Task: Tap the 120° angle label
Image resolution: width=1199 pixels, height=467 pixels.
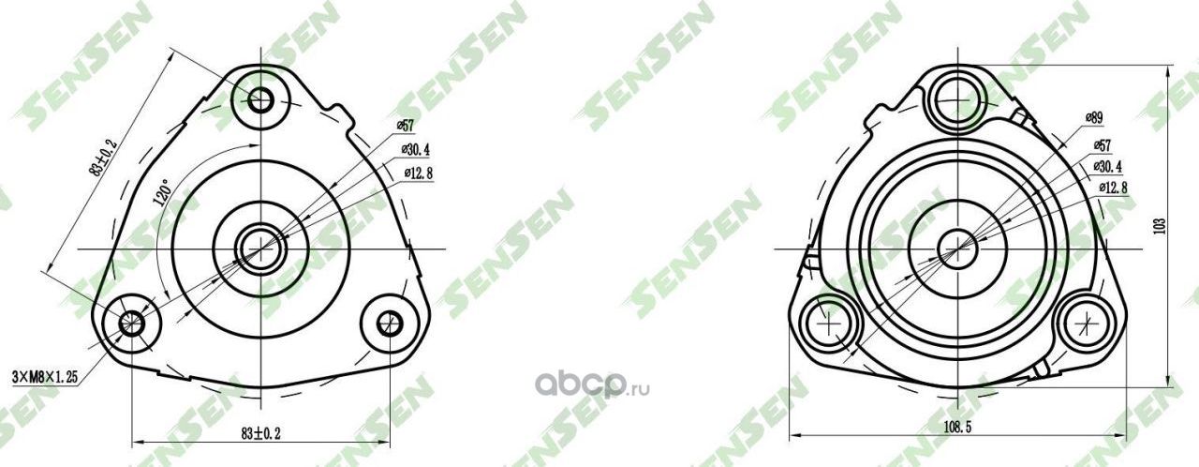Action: point(162,193)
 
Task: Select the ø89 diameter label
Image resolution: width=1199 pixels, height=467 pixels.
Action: point(1093,117)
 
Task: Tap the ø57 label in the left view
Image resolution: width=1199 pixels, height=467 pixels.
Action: point(405,125)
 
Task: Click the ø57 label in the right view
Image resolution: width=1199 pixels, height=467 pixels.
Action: point(1103,144)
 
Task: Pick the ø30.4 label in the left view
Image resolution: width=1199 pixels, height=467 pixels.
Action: point(415,149)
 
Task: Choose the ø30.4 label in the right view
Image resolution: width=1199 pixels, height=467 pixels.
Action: point(1107,166)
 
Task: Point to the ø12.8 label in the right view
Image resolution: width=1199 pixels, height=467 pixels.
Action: point(1112,188)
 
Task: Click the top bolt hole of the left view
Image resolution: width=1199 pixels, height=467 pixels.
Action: point(260,98)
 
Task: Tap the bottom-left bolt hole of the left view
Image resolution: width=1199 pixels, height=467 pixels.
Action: point(130,324)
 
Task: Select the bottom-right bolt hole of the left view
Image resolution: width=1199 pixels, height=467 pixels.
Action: point(390,323)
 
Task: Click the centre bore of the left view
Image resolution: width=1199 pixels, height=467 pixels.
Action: point(254,248)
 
